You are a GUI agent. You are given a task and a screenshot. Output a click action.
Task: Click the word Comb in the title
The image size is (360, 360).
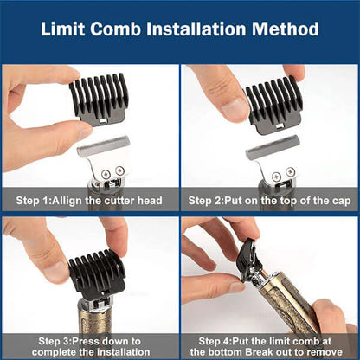click(121, 29)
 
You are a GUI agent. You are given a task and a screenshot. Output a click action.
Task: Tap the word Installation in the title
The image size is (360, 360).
click(202, 29)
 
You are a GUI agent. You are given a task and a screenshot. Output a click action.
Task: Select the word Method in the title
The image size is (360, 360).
click(289, 29)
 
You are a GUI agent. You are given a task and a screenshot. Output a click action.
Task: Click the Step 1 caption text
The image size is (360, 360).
click(89, 201)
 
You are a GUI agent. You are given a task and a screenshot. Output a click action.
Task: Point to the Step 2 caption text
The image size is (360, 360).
click(269, 201)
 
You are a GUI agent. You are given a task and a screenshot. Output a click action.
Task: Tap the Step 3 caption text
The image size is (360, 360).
click(89, 346)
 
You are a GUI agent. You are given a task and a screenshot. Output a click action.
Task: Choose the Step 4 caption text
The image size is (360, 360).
click(269, 346)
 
